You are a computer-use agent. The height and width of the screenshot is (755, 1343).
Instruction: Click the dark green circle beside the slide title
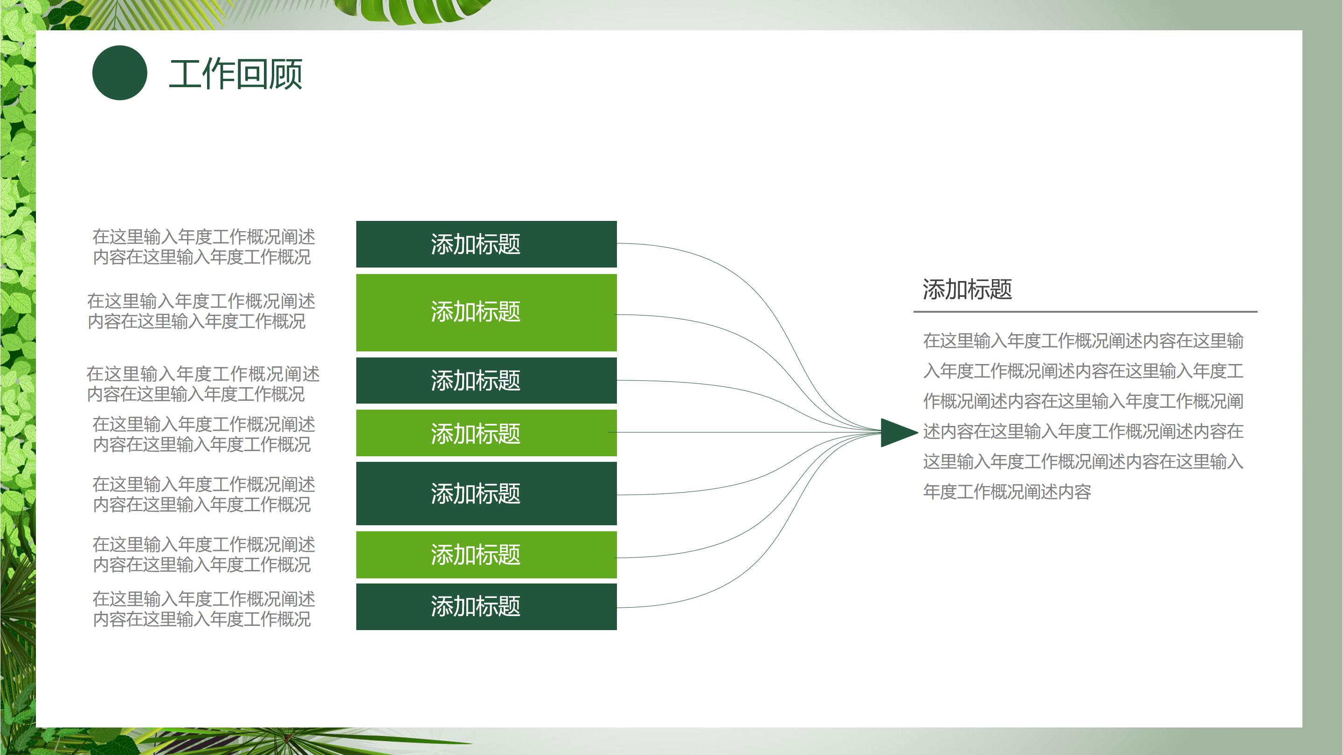pyautogui.click(x=119, y=73)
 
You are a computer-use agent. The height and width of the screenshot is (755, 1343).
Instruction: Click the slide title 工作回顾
pyautogui.click(x=235, y=74)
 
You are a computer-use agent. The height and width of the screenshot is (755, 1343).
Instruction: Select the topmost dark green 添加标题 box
pyautogui.click(x=486, y=244)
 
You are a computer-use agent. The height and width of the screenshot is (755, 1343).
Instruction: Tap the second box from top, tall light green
pyautogui.click(x=486, y=312)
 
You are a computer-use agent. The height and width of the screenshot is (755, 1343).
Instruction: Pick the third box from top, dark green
pyautogui.click(x=486, y=380)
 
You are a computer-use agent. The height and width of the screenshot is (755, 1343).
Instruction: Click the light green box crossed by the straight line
pyautogui.click(x=486, y=433)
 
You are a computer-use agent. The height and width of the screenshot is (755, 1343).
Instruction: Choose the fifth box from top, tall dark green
pyautogui.click(x=486, y=493)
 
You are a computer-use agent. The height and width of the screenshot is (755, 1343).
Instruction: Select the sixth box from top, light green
pyautogui.click(x=486, y=555)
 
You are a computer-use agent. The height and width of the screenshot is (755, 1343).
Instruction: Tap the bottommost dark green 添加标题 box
pyautogui.click(x=486, y=606)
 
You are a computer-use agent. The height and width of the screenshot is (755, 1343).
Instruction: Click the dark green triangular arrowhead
pyautogui.click(x=896, y=432)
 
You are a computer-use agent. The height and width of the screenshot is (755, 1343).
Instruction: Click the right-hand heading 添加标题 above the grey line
pyautogui.click(x=967, y=289)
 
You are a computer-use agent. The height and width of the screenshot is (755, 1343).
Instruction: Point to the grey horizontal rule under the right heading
pyautogui.click(x=1084, y=312)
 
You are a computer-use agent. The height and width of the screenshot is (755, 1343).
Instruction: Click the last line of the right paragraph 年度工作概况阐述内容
pyautogui.click(x=1006, y=491)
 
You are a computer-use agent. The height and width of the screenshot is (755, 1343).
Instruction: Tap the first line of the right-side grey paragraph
pyautogui.click(x=1083, y=341)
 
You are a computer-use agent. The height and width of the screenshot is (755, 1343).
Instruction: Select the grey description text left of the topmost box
pyautogui.click(x=203, y=247)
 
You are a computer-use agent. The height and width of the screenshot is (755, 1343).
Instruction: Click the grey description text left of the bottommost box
pyautogui.click(x=203, y=609)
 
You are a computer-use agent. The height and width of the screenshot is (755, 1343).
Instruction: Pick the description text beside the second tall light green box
pyautogui.click(x=201, y=311)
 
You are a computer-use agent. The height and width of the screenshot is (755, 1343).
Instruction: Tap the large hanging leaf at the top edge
pyautogui.click(x=412, y=10)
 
